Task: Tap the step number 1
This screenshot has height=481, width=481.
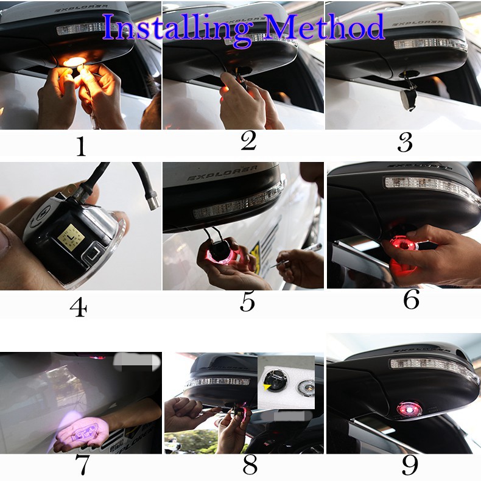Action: pyautogui.click(x=80, y=146)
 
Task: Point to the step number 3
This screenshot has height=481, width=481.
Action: pyautogui.click(x=405, y=142)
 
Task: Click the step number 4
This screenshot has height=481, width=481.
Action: pyautogui.click(x=78, y=307)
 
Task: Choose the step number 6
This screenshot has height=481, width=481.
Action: pyautogui.click(x=412, y=300)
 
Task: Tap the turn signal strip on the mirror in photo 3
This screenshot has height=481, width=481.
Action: pyautogui.click(x=430, y=44)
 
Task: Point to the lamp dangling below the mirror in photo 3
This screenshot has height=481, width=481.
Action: pyautogui.click(x=406, y=94)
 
